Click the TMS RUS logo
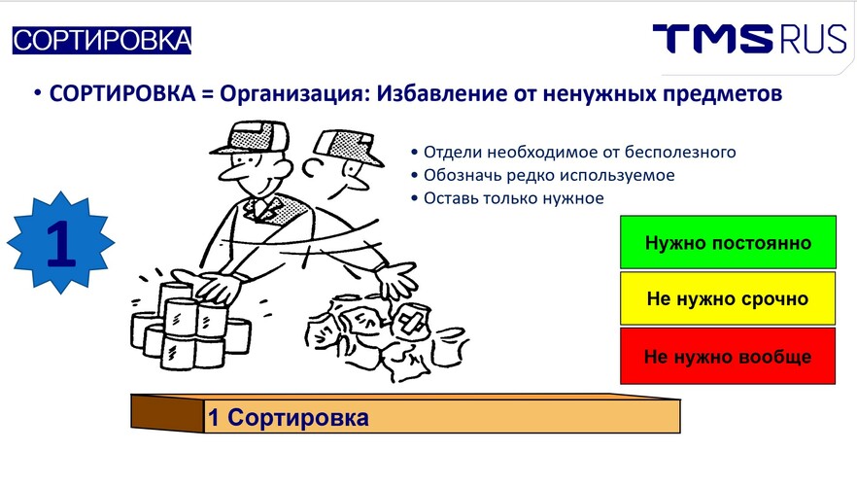pyautogui.click(x=749, y=39)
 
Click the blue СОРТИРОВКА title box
pyautogui.click(x=102, y=41)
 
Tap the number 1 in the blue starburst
pyautogui.click(x=60, y=243)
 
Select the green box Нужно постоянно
pyautogui.click(x=728, y=242)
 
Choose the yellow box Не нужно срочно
pyautogui.click(x=728, y=298)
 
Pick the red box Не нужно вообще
pyautogui.click(x=728, y=356)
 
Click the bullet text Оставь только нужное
pyautogui.click(x=514, y=198)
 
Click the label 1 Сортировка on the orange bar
pyautogui.click(x=288, y=418)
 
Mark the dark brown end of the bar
pyautogui.click(x=167, y=413)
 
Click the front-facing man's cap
pyautogui.click(x=251, y=138)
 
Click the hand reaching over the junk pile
pyautogui.click(x=397, y=279)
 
